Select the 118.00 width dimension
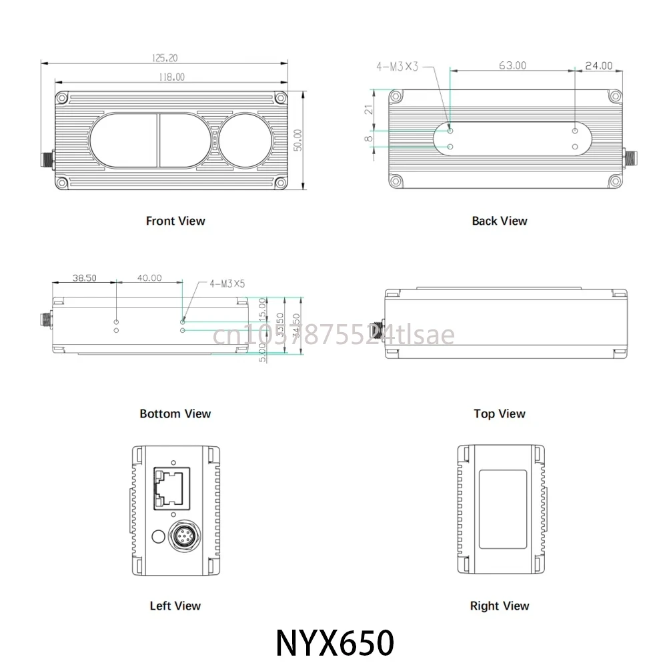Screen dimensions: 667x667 point(171,77)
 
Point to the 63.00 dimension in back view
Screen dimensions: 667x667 point(512,65)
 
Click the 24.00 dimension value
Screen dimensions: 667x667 point(598,65)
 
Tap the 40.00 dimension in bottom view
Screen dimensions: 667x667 point(148,277)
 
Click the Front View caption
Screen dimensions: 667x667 point(175,221)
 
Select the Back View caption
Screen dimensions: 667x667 point(499,221)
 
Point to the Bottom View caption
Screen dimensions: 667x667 point(175,414)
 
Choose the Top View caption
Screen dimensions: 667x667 point(499,414)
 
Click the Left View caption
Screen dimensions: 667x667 point(175,606)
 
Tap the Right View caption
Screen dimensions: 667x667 point(499,606)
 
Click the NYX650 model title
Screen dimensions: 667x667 point(335,643)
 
